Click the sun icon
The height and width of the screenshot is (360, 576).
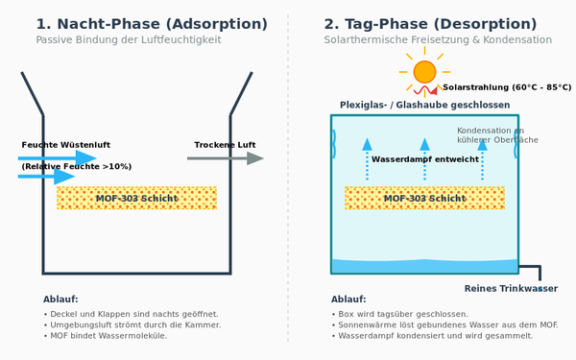[424, 72]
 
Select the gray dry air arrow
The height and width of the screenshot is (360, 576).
[226, 158]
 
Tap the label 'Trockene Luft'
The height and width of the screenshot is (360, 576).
[225, 145]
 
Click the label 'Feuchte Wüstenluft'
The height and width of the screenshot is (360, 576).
[65, 145]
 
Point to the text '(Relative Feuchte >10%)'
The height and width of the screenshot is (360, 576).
[77, 166]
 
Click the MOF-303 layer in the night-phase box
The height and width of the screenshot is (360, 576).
[136, 198]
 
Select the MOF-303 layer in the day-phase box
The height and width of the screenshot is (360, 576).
[424, 198]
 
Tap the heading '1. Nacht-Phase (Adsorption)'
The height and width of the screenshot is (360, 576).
[152, 24]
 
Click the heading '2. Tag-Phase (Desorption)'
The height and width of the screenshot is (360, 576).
[430, 24]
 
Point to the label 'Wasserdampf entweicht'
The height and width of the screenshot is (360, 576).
[425, 159]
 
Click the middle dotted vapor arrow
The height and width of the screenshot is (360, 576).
[424, 159]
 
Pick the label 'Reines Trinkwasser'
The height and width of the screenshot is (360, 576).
[511, 288]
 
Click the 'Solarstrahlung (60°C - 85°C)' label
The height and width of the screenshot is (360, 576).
[507, 87]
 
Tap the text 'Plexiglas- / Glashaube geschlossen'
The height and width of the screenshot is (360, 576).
[424, 105]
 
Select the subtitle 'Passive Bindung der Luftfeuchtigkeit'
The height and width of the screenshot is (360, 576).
[129, 39]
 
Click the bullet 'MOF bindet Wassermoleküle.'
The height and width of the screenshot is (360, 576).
[105, 336]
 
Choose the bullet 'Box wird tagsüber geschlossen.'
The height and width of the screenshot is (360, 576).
[399, 314]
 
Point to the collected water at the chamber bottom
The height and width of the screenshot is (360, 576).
[424, 266]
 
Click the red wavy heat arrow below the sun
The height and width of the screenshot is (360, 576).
[425, 90]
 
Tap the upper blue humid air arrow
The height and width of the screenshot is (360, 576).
[58, 158]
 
